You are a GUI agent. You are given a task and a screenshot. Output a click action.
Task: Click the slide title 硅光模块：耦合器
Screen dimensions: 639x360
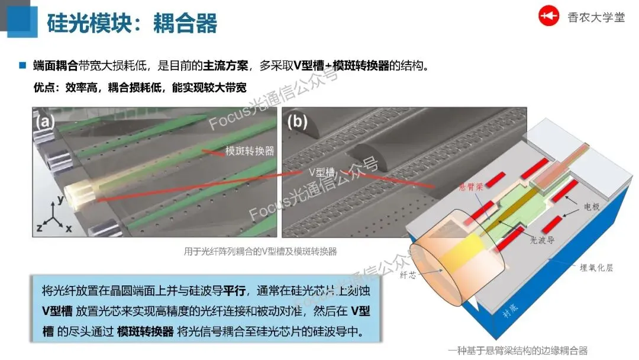click(131, 23)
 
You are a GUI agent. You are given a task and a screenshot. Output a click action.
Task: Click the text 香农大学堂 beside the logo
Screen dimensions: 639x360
click(595, 17)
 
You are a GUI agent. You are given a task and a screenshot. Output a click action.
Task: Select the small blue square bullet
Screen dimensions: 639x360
click(23, 65)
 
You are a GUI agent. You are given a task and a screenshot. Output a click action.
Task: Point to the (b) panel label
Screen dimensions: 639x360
click(298, 122)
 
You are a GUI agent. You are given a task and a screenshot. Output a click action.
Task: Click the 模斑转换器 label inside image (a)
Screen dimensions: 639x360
click(250, 151)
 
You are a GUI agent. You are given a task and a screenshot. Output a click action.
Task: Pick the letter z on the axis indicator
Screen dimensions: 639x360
click(40, 227)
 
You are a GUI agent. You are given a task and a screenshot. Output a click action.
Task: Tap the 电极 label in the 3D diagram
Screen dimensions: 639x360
click(592, 208)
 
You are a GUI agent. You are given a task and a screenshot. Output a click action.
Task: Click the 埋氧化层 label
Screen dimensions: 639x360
click(596, 268)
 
